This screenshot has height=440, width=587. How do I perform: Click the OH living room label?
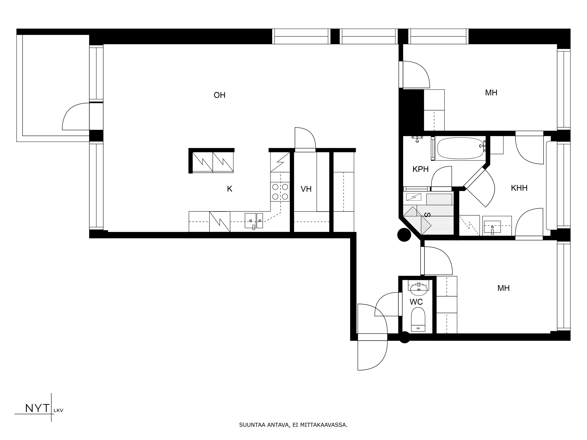pos(219,95)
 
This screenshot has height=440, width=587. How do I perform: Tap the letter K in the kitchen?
pos(230,189)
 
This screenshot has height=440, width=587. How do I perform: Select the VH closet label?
pos(306,189)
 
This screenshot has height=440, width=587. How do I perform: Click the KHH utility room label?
pos(519,188)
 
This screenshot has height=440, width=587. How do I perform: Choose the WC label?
pos(416,302)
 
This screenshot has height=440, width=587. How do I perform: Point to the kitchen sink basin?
pos(250,220)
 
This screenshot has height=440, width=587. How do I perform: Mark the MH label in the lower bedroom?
pos(503,288)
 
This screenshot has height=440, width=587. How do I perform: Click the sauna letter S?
pos(427,215)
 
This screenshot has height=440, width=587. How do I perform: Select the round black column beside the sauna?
pos(404,235)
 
